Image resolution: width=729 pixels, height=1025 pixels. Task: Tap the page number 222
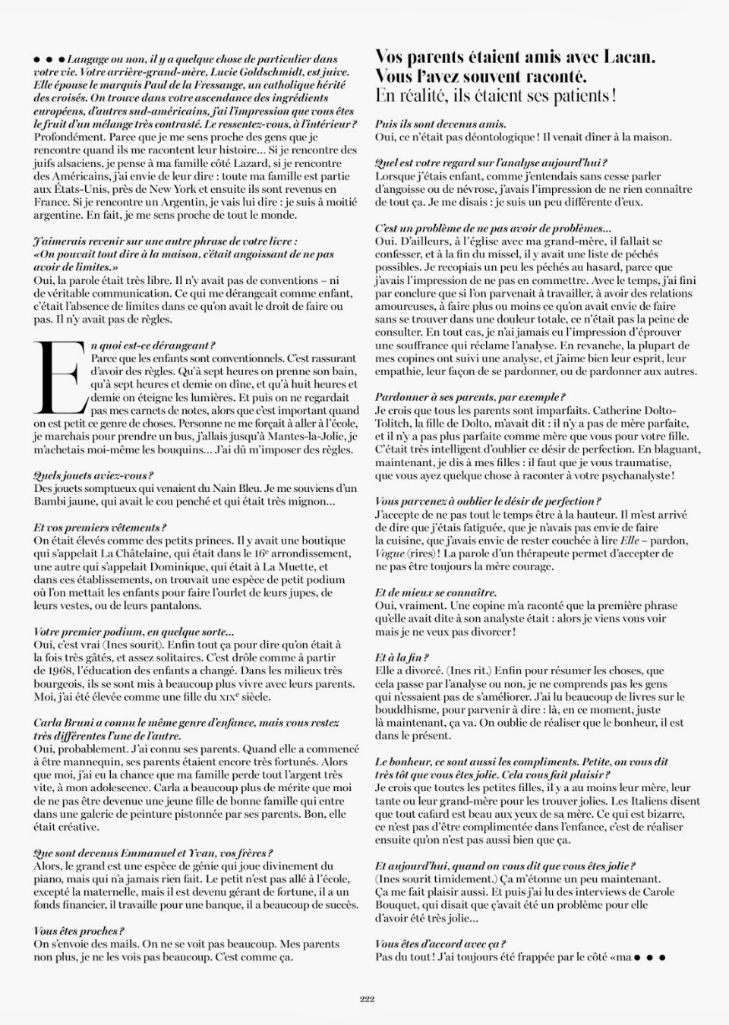coord(367,999)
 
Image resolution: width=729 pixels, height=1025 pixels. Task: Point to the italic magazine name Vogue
coord(390,553)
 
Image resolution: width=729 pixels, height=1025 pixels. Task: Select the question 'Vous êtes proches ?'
coord(79,931)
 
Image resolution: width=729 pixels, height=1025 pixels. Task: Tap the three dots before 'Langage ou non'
coord(49,59)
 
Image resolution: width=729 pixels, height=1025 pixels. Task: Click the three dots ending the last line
coord(651,957)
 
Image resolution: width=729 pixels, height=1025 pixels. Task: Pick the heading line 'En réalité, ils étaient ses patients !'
coord(495,96)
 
